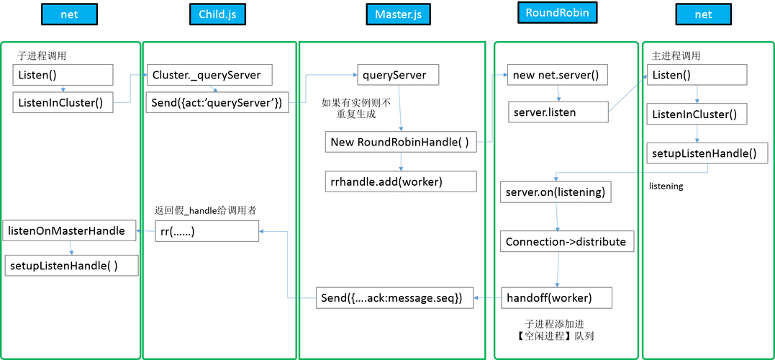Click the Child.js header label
[217, 14]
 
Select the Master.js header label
[397, 14]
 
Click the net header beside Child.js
[69, 14]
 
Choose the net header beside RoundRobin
[703, 14]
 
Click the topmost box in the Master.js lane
[398, 75]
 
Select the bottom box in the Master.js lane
[394, 297]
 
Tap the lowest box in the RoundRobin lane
[557, 297]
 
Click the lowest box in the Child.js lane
[207, 230]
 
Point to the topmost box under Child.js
[209, 75]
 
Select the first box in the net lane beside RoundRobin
[697, 75]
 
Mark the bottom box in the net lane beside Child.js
[71, 265]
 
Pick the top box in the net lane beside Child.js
[63, 75]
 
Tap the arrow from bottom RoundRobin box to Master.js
[486, 297]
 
